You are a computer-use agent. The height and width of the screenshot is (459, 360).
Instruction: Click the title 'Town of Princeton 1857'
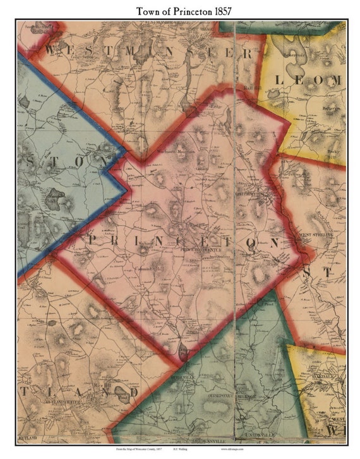[x=180, y=10]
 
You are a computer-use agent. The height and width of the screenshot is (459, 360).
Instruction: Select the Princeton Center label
[x=198, y=248]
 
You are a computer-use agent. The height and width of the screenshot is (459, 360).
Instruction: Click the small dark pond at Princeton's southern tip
[x=182, y=354]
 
